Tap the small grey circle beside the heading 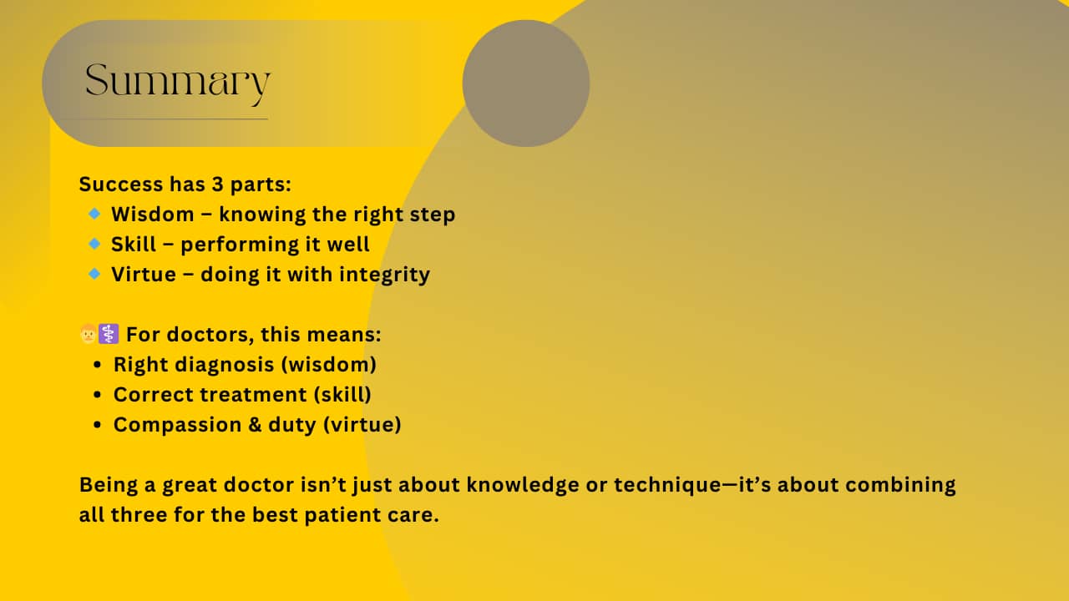click(526, 83)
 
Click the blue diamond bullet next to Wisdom click(94, 214)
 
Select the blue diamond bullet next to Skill click(94, 244)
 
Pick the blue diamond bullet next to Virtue click(94, 274)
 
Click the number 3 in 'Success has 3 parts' click(218, 184)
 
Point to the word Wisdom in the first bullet click(153, 215)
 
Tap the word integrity click(385, 275)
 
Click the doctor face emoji click(89, 334)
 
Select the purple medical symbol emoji click(109, 334)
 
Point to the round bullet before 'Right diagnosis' click(98, 365)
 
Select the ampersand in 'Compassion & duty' click(255, 425)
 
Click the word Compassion click(178, 426)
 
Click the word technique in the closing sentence click(667, 486)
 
